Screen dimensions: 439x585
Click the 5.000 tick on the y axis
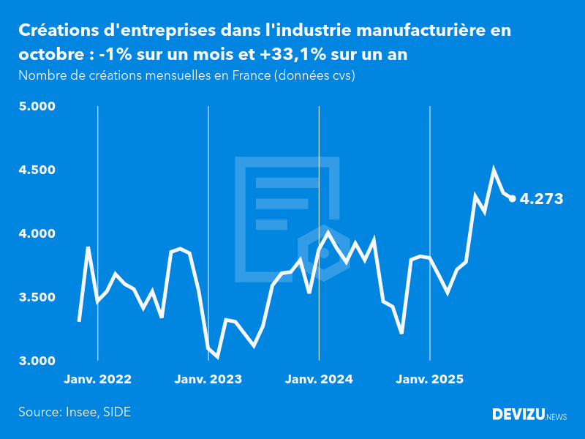click(37, 107)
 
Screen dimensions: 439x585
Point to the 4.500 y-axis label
click(37, 170)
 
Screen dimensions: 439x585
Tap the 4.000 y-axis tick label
click(37, 234)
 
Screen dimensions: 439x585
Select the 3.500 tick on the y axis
click(37, 298)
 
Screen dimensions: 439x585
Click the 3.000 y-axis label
click(37, 361)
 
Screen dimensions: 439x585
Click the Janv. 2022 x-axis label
click(97, 380)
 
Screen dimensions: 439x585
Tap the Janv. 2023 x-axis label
click(208, 380)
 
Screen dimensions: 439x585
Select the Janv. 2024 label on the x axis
click(319, 380)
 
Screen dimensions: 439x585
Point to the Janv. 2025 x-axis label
click(430, 380)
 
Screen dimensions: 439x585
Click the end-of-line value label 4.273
click(541, 198)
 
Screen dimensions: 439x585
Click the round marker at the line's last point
click(513, 198)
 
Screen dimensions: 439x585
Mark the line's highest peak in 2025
click(494, 170)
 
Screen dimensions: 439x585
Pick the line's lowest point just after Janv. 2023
click(217, 356)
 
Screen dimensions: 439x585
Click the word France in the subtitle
click(247, 75)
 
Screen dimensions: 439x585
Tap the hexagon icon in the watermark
click(322, 253)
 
